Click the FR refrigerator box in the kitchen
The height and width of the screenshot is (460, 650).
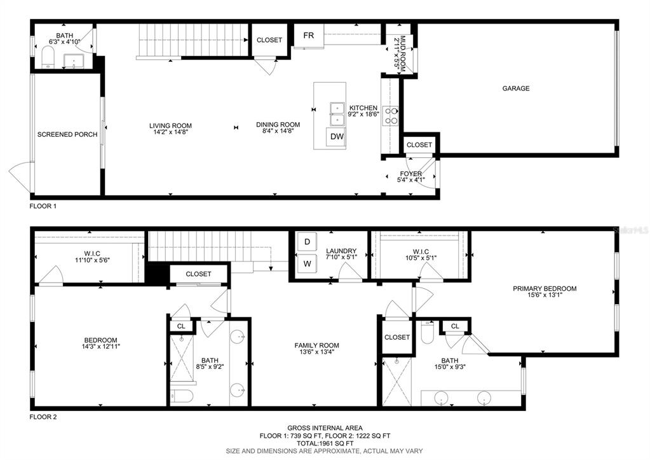(x=308, y=36)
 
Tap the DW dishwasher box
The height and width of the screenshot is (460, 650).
(x=336, y=137)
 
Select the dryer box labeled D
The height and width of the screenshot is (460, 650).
(x=307, y=242)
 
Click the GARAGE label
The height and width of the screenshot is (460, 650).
(x=516, y=88)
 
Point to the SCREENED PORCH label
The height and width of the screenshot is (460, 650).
(x=67, y=134)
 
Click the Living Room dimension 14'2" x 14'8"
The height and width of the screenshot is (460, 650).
(x=170, y=133)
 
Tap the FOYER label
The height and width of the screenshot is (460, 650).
(x=410, y=174)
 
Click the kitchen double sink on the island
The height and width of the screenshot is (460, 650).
(x=336, y=115)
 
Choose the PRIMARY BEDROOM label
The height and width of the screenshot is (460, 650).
(x=545, y=288)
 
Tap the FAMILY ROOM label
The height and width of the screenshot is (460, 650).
(x=316, y=345)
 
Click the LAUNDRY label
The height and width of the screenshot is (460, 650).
(x=341, y=251)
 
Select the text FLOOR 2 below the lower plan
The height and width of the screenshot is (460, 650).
(x=43, y=417)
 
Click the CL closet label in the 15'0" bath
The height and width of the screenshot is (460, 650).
(x=454, y=326)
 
